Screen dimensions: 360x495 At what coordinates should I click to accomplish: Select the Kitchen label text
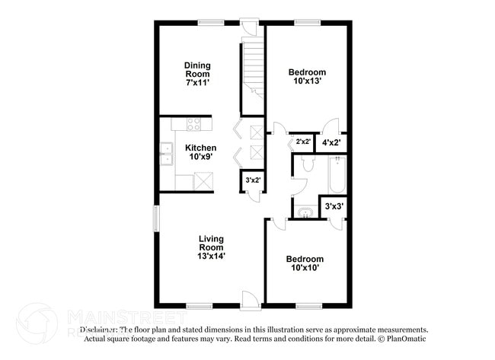tap(201, 148)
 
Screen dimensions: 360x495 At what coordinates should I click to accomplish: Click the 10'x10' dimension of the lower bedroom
tap(306, 267)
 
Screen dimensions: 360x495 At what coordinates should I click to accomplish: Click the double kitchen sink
tap(166, 155)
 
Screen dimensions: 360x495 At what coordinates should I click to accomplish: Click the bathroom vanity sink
tap(305, 212)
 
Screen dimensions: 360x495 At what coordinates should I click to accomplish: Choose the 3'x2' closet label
tap(251, 180)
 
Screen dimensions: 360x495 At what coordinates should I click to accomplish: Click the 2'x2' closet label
tap(302, 142)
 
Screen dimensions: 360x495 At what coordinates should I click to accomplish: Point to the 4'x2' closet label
tap(331, 142)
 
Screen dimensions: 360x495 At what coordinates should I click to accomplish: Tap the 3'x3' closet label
tap(334, 206)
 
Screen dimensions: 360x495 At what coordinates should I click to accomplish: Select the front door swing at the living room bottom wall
tap(249, 298)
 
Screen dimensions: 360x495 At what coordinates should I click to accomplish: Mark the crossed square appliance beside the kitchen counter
tap(203, 181)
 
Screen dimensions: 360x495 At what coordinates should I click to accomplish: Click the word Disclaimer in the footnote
tap(100, 330)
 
